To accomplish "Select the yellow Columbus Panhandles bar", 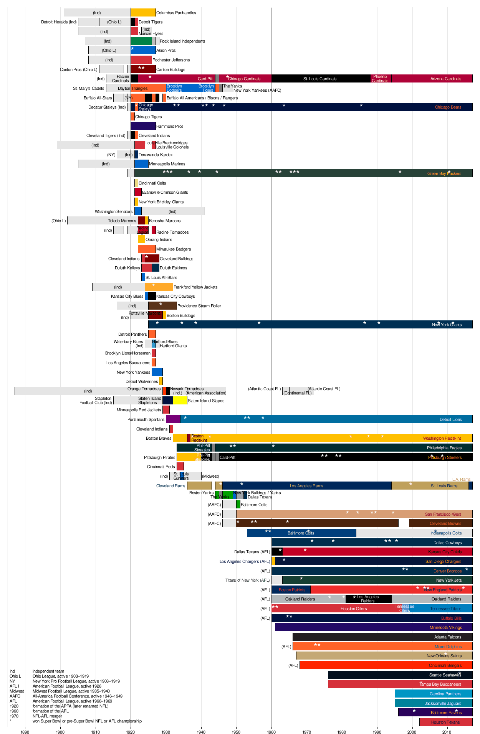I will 143,13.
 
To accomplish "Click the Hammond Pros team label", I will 170,126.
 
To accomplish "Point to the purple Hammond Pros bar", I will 143,126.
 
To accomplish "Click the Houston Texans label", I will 445,722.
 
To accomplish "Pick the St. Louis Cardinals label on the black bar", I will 320,79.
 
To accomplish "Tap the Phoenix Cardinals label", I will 380,79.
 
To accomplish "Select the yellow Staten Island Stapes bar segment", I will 180,401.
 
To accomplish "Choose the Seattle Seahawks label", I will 445,675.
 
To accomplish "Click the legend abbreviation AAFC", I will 15,696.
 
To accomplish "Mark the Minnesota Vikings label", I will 445,628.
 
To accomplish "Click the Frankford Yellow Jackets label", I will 195,287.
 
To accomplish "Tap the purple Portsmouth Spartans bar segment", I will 173,419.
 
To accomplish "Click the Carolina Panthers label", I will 445,694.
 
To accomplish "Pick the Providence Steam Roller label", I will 199,306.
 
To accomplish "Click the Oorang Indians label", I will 159,239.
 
